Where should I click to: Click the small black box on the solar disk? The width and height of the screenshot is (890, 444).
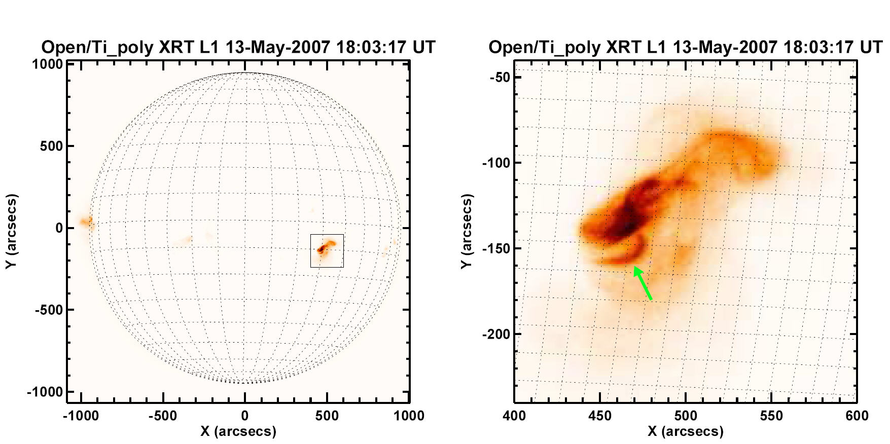(327, 250)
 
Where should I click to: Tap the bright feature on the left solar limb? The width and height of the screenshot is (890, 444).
(86, 222)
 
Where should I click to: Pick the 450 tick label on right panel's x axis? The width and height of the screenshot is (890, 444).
(600, 416)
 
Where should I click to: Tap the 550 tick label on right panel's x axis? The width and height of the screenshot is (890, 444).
(771, 416)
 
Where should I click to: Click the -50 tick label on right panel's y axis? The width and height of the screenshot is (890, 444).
(500, 78)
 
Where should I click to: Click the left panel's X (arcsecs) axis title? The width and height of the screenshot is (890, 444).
(238, 431)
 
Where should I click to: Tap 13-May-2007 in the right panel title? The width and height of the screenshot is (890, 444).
(725, 47)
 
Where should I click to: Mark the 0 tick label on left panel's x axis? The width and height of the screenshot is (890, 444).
(245, 416)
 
